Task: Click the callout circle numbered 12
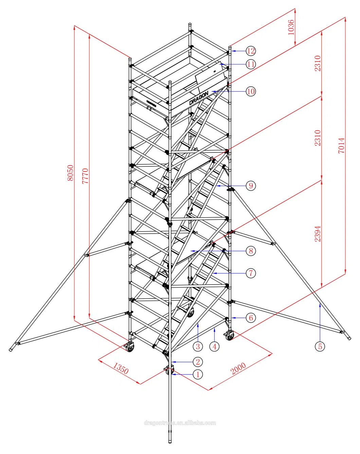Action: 251,51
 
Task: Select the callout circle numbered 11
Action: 251,64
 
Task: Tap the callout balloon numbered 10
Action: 251,91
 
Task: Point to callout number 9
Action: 251,186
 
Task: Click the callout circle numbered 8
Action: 251,251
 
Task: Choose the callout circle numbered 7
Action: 251,273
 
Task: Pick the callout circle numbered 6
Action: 251,318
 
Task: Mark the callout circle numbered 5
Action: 320,346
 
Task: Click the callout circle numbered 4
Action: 214,347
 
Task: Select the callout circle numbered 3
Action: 198,347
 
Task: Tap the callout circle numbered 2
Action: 198,362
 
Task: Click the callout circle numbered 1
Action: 198,375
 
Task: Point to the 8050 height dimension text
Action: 70,173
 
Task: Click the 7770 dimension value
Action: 85,176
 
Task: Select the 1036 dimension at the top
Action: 291,27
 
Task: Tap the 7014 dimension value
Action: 341,145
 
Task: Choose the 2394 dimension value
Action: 318,234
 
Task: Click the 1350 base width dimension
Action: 121,368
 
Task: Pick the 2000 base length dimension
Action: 238,368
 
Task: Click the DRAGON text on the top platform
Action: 199,98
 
